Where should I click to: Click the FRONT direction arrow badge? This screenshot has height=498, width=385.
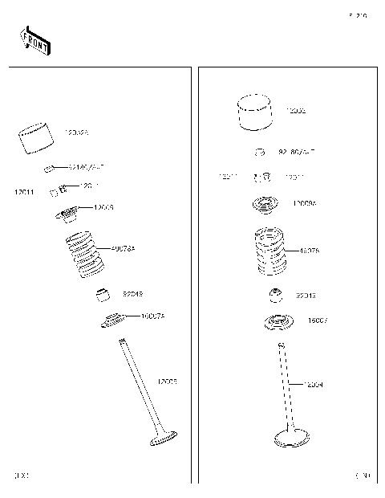[x=35, y=41]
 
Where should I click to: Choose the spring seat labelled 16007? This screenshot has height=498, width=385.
[x=278, y=323]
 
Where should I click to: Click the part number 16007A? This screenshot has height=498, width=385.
[x=152, y=316]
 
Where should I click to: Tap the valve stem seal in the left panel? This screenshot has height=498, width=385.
[x=103, y=295]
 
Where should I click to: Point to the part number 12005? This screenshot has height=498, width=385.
[x=167, y=381]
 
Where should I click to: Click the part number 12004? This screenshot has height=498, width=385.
[x=314, y=385]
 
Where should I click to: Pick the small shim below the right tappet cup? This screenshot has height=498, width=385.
[x=260, y=151]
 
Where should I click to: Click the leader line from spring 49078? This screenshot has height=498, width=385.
[x=293, y=251]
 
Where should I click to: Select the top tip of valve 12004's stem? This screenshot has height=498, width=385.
[x=282, y=345]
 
